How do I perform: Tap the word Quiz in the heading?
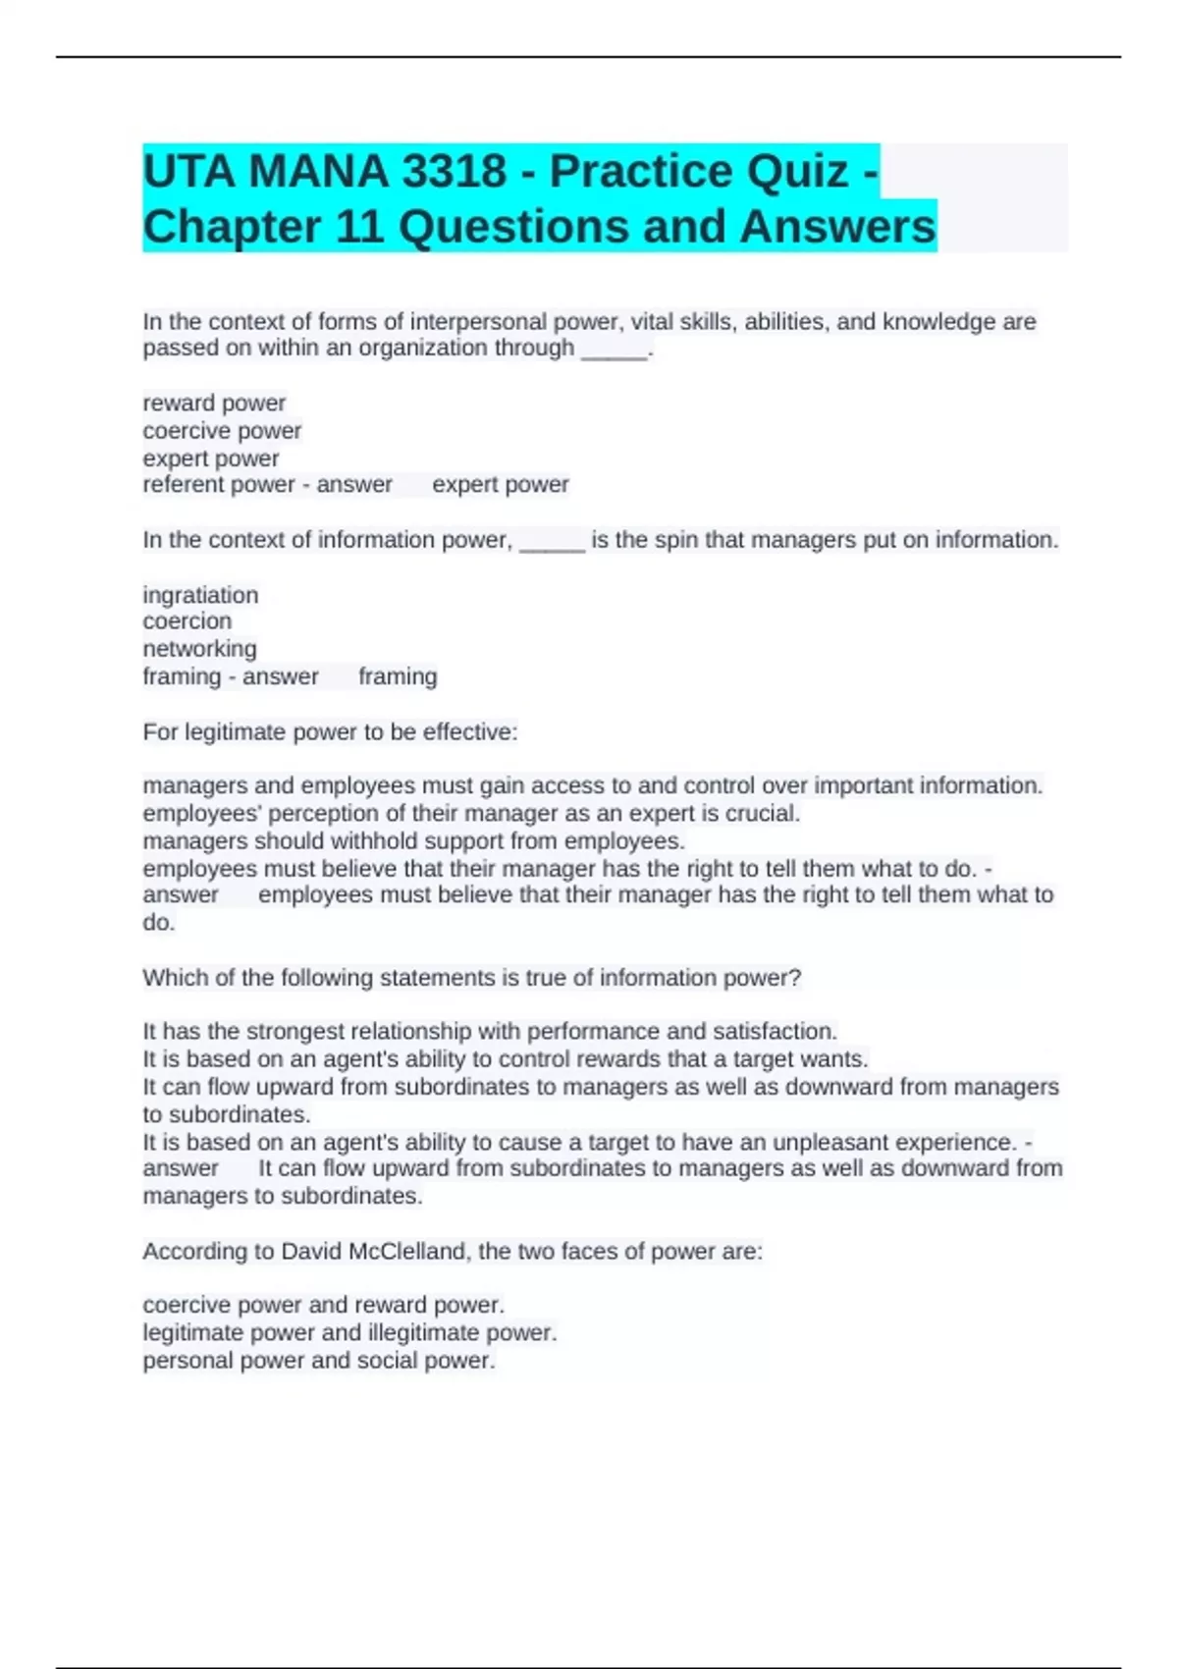(796, 172)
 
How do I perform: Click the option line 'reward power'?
(214, 403)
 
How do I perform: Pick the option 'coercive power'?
(222, 430)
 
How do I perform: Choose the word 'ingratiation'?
(200, 595)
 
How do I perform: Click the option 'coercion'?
(187, 621)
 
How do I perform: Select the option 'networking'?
(199, 649)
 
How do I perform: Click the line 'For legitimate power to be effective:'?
(330, 731)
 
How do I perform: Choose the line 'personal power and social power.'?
(319, 1360)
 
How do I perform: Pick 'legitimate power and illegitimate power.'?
(349, 1332)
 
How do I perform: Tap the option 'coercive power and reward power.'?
(323, 1305)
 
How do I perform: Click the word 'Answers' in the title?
(837, 227)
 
